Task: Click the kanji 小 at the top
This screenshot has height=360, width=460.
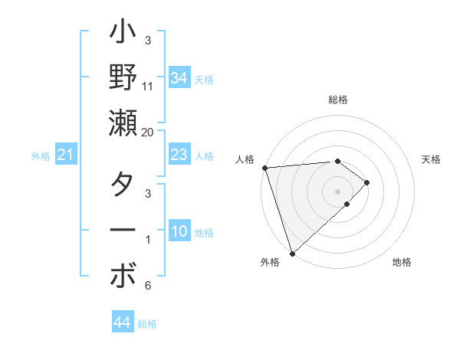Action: coord(123,35)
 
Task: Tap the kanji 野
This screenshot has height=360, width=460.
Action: coord(123,77)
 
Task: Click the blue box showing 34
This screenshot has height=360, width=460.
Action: coord(179,77)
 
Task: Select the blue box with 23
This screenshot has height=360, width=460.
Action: coord(179,155)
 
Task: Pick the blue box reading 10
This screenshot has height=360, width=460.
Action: coord(179,231)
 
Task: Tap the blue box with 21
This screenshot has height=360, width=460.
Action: coord(65,155)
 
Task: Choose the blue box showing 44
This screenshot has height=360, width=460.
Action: coord(122,322)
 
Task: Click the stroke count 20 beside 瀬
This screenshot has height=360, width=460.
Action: coord(148,132)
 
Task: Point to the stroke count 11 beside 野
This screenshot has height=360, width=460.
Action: coord(148,86)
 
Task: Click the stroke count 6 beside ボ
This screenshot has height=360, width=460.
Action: coord(148,286)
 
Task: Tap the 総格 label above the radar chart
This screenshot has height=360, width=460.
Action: coord(337,100)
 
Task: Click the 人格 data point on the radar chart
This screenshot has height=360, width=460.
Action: coord(264,168)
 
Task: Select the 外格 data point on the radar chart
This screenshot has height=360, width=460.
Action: coord(292,253)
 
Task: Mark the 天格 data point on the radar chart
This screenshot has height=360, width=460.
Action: coord(367,182)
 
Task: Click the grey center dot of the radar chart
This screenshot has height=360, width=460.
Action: coord(337,191)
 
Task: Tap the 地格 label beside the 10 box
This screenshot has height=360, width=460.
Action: coord(205,233)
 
